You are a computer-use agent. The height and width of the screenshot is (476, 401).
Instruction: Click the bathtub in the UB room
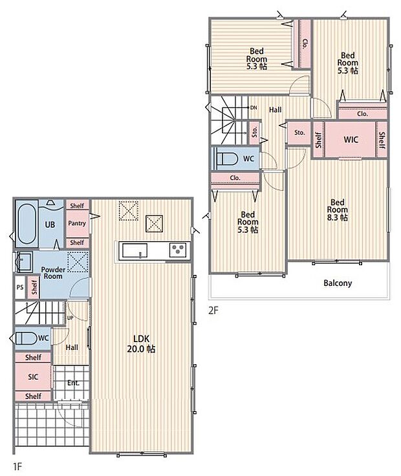[27, 223]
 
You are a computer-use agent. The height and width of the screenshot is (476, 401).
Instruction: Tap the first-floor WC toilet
[27, 338]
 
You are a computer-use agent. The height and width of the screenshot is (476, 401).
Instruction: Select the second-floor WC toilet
[226, 159]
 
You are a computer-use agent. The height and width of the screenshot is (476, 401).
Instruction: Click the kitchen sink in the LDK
[135, 250]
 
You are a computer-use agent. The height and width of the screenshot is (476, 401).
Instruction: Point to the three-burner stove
[178, 250]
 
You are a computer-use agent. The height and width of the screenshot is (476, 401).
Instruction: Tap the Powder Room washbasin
[24, 261]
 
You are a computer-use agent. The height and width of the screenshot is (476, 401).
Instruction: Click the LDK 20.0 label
[141, 343]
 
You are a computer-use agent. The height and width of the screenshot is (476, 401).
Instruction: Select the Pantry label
[77, 223]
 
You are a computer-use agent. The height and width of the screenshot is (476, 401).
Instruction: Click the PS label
[20, 287]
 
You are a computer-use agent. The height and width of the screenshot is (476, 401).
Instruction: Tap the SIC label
[33, 377]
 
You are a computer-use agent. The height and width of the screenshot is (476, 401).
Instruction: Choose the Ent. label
[73, 383]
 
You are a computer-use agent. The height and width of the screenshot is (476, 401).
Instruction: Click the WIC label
[351, 140]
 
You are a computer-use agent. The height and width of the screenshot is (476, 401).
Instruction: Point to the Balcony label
[338, 283]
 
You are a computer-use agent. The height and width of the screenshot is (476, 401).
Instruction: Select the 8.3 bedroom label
[338, 210]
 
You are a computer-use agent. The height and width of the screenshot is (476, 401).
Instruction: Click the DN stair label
[254, 107]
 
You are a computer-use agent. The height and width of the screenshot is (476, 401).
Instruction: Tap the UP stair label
[70, 318]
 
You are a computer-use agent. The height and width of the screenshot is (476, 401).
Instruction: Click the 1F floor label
[17, 466]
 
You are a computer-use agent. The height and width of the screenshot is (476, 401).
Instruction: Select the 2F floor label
[213, 310]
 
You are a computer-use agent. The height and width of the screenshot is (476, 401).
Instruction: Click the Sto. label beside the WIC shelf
[299, 133]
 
